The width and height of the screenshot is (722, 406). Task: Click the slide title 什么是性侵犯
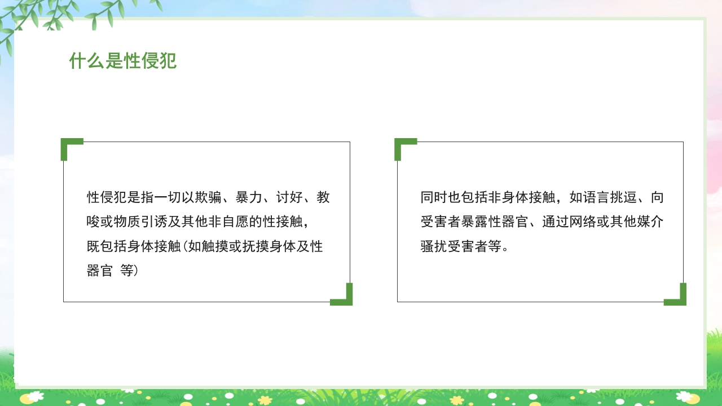[x=123, y=61]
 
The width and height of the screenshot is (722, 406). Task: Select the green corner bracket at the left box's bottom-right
[x=346, y=299]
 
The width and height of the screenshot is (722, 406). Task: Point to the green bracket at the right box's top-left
[x=400, y=144]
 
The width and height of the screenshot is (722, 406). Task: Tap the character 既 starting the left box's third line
[x=94, y=246]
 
